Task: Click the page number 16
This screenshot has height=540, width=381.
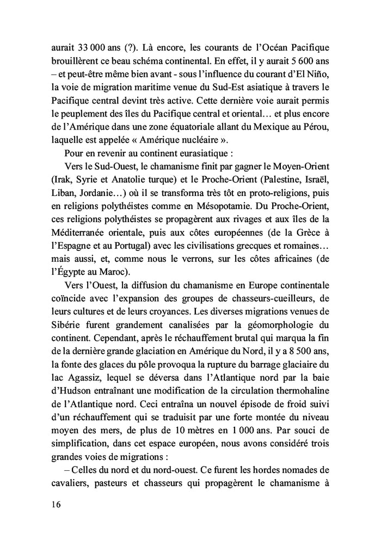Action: tap(52, 504)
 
